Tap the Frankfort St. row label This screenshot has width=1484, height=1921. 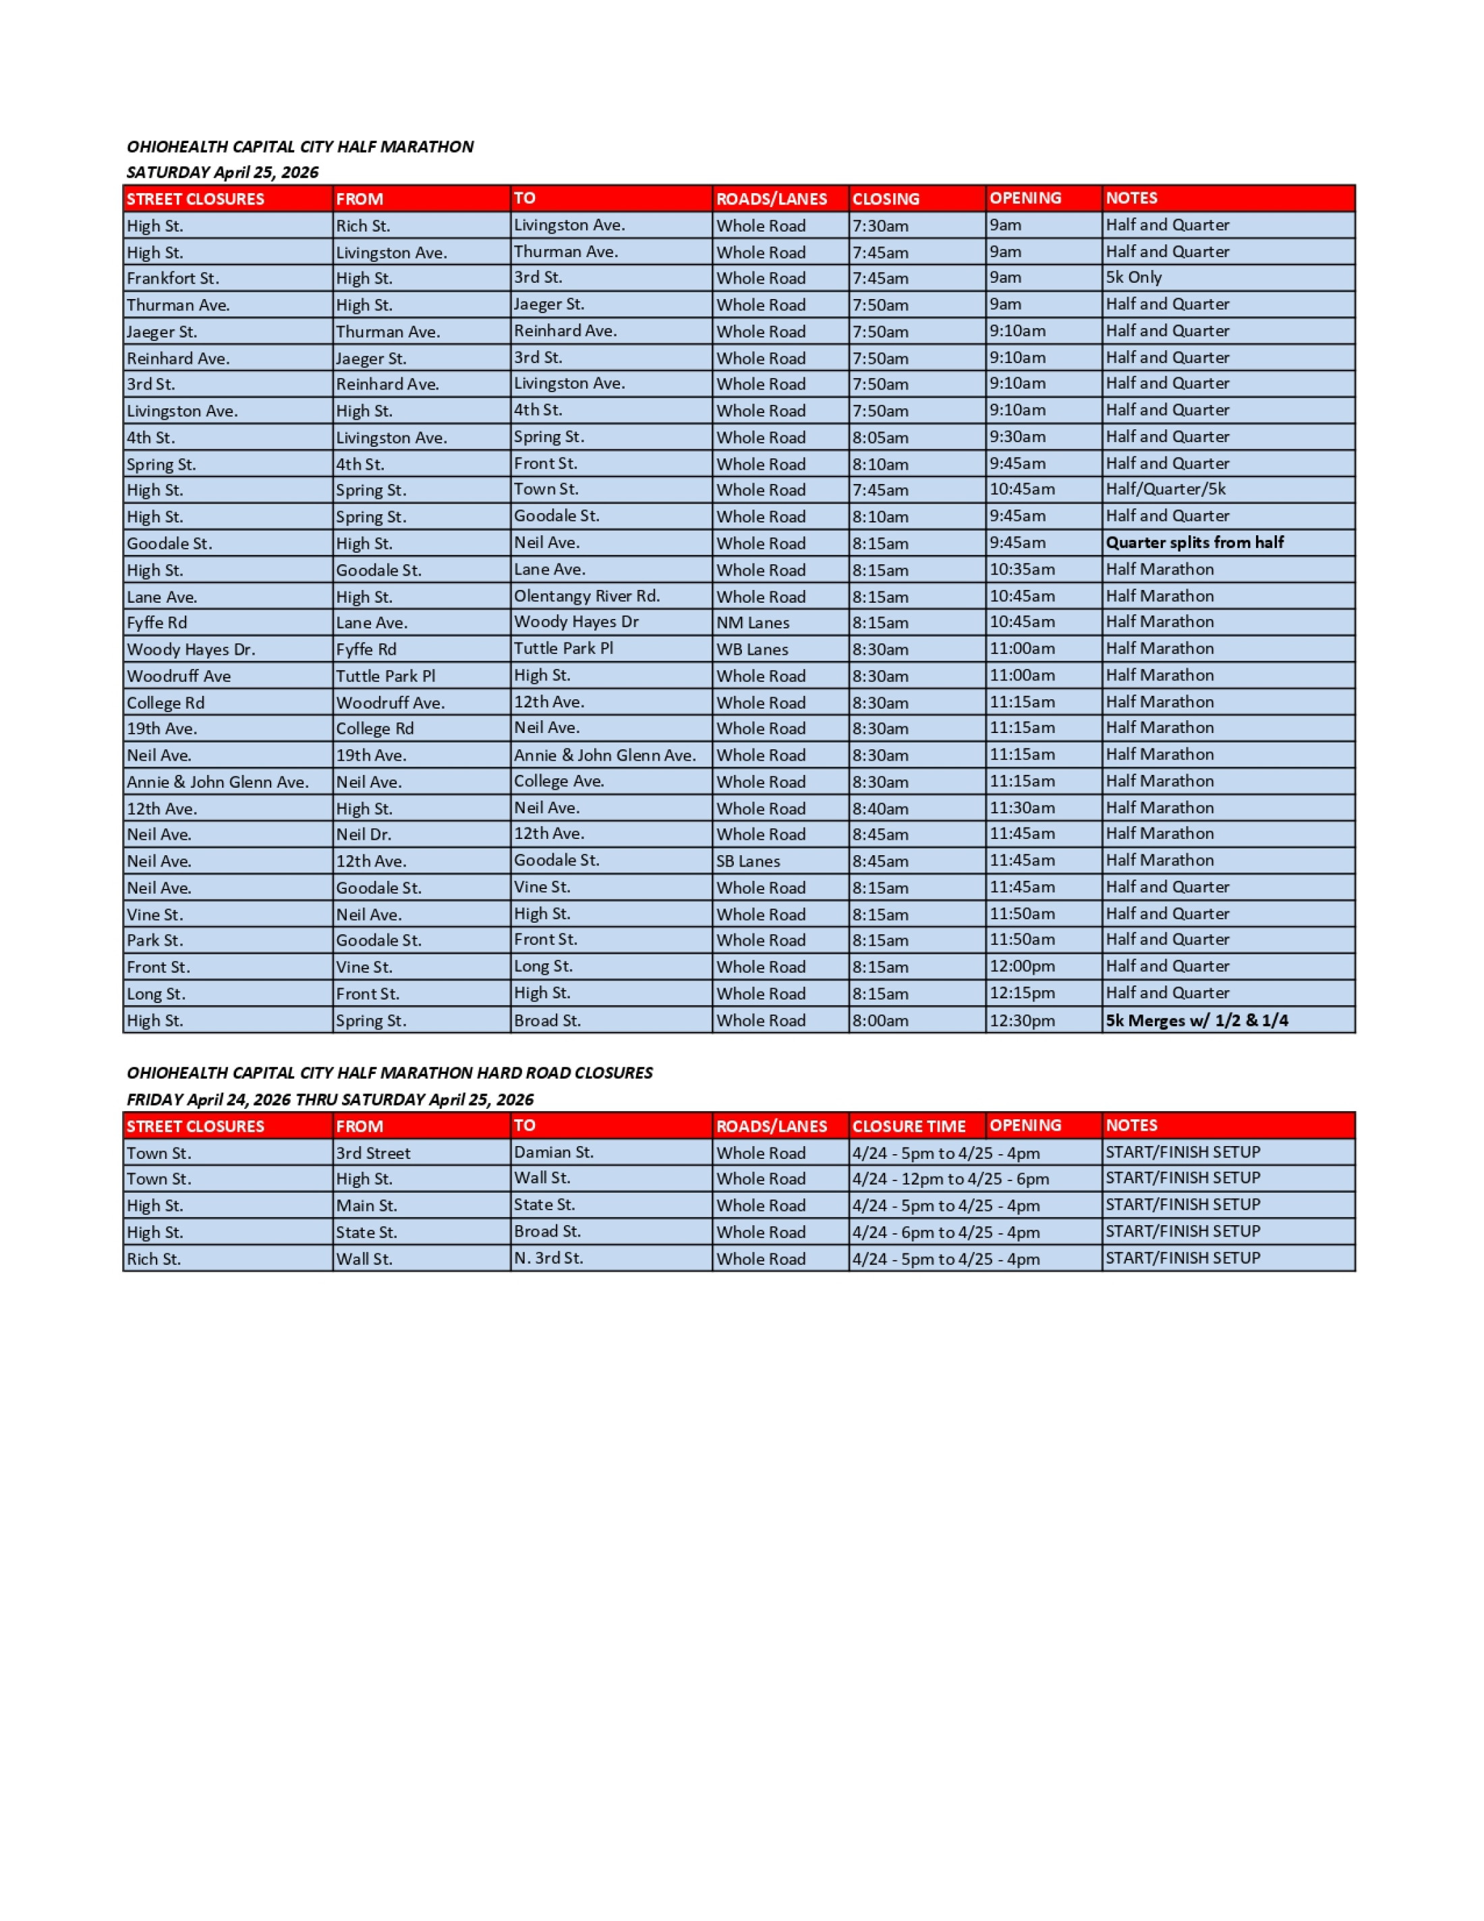(173, 278)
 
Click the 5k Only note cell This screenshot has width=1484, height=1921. (1133, 278)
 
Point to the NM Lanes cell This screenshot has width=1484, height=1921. (753, 623)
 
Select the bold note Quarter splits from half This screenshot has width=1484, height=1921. (1195, 543)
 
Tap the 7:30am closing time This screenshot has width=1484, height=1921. (880, 225)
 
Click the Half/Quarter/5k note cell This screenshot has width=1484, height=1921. (1165, 489)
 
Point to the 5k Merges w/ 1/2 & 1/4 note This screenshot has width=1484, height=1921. (1197, 1021)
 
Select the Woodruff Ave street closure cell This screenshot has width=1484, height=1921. (179, 676)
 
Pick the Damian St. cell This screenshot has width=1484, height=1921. (554, 1152)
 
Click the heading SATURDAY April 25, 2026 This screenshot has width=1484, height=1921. (223, 172)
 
